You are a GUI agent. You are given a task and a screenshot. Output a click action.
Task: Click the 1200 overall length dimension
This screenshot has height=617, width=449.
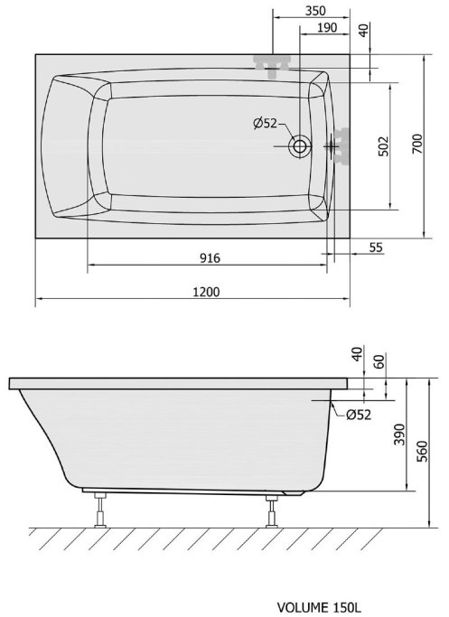point(206,292)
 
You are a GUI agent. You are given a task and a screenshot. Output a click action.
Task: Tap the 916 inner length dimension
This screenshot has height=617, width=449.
point(210,258)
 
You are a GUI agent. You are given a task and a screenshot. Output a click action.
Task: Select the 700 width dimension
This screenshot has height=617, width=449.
point(417,144)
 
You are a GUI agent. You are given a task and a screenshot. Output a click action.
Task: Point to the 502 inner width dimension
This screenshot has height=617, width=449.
point(384,146)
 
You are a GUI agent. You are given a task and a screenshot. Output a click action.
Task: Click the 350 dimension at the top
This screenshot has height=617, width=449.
point(315,11)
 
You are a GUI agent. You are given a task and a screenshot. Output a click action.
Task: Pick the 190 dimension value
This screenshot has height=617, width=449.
point(327,27)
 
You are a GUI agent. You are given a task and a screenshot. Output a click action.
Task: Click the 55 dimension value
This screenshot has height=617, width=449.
point(376,248)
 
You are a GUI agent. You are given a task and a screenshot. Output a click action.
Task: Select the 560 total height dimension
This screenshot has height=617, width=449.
point(422,452)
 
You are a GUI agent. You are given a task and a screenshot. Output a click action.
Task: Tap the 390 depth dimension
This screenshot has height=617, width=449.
point(400,434)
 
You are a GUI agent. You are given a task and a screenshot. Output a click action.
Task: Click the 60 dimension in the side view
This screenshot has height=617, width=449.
point(379,360)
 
